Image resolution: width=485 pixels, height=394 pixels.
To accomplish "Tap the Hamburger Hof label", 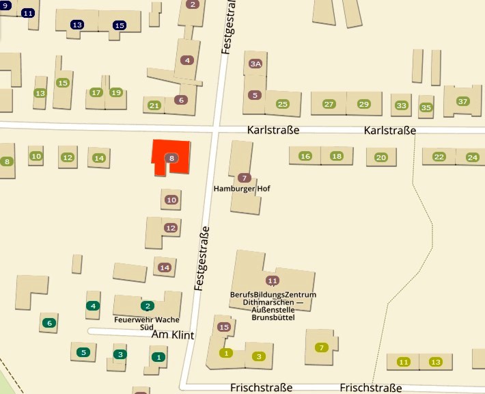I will pyautogui.click(x=238, y=188).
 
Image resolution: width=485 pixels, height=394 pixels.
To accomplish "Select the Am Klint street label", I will pyautogui.click(x=173, y=335).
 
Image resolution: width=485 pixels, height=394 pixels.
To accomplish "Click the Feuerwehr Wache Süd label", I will pyautogui.click(x=147, y=323).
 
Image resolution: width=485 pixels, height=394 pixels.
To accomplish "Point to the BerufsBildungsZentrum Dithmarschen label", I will pyautogui.click(x=273, y=306).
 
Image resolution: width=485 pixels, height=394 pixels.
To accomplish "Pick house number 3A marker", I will pyautogui.click(x=255, y=64).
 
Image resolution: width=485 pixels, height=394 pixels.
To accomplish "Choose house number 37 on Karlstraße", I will pyautogui.click(x=463, y=101).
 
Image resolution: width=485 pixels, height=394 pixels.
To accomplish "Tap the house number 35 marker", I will pyautogui.click(x=426, y=107).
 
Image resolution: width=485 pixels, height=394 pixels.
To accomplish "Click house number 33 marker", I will pyautogui.click(x=402, y=105).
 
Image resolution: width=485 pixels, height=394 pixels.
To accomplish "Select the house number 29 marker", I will pyautogui.click(x=364, y=104).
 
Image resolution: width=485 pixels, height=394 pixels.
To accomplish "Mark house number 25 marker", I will pyautogui.click(x=282, y=104).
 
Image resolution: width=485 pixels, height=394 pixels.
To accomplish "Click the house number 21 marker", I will pyautogui.click(x=154, y=105).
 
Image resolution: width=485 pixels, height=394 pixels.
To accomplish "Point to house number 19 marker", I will pyautogui.click(x=115, y=92).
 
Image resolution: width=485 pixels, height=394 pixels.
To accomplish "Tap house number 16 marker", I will pyautogui.click(x=305, y=157).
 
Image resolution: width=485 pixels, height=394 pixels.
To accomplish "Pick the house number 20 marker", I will pyautogui.click(x=380, y=158).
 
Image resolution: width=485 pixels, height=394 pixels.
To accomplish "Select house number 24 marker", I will pyautogui.click(x=472, y=157).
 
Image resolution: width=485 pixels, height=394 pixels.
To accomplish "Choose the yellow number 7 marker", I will pyautogui.click(x=321, y=347).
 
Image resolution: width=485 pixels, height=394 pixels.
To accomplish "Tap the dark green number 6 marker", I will pyautogui.click(x=48, y=323).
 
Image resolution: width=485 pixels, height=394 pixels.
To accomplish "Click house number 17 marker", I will pyautogui.click(x=96, y=92).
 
